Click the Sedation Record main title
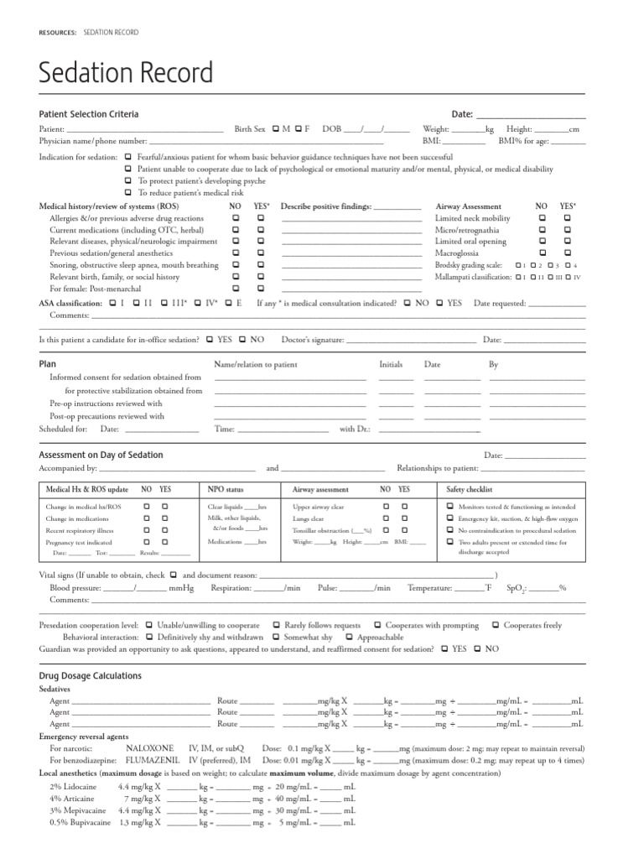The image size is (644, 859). [x=127, y=74]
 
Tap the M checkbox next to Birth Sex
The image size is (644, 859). [x=275, y=129]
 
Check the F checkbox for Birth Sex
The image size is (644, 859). [x=298, y=129]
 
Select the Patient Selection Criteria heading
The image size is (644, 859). [x=89, y=114]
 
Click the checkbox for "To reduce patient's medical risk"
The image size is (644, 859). [x=127, y=192]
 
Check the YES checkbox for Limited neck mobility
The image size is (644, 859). [x=568, y=217]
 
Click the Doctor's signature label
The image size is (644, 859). [x=312, y=340]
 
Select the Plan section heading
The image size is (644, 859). [x=48, y=365]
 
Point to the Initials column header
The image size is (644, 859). [x=391, y=365]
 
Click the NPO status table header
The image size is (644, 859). [x=226, y=489]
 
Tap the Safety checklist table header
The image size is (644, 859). [x=470, y=489]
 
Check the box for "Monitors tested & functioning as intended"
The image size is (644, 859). [x=450, y=508]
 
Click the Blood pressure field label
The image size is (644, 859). [x=78, y=588]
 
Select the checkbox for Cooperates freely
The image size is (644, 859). [x=497, y=626]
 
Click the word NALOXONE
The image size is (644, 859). [x=149, y=747]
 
